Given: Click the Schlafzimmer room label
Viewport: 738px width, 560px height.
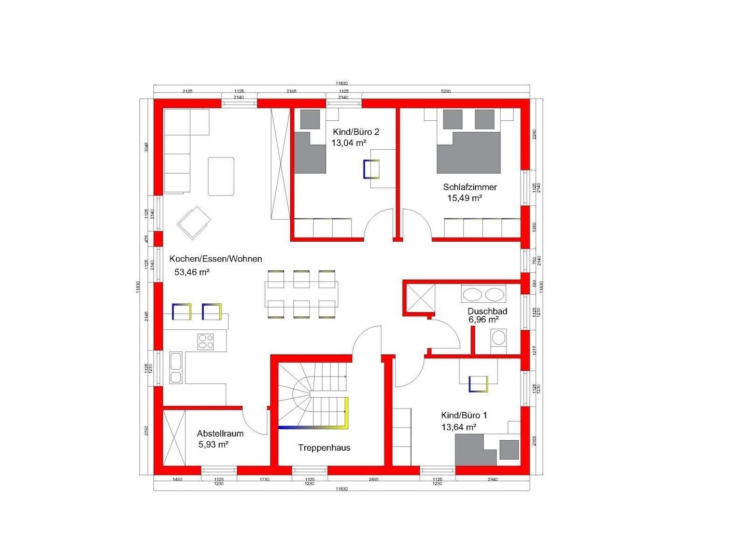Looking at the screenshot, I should point(470,187).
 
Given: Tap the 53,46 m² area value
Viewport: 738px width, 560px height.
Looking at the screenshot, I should point(192,272).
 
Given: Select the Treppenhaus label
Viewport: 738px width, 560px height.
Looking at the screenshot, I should point(324,447).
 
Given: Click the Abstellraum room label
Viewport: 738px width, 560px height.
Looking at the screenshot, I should point(220,433).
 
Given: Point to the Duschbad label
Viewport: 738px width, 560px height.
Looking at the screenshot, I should point(487,311).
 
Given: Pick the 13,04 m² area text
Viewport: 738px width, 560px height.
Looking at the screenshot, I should point(349,143).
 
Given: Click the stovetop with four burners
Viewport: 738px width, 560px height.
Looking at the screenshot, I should point(206,341).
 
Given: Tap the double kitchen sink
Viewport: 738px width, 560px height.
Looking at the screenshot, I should point(176,368).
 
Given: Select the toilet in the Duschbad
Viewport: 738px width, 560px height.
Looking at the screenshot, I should point(498,339).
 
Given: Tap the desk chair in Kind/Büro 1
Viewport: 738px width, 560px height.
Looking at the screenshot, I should point(478,384).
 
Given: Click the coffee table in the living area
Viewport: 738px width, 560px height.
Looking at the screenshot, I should point(221,176).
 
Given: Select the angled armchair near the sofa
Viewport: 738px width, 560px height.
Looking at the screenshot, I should point(194,223).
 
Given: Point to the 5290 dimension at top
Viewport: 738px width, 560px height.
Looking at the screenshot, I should point(445,91).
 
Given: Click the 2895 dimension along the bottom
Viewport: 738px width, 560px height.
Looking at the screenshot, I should point(373,480).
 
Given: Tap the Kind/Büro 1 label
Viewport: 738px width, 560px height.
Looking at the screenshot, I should point(464,415).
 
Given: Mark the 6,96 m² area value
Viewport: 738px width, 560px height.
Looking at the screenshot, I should point(484,320).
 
